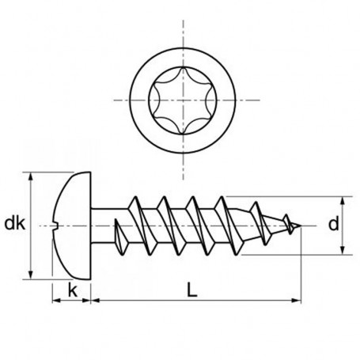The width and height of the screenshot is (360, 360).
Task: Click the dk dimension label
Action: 13,224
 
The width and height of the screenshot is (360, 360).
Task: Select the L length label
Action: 193,291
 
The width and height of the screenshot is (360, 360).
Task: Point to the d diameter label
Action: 333,225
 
